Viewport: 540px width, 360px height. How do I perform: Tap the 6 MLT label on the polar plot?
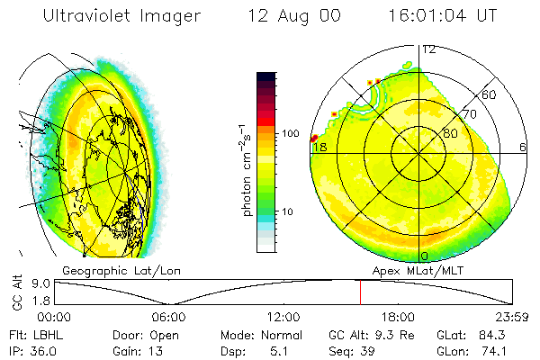[523, 147]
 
